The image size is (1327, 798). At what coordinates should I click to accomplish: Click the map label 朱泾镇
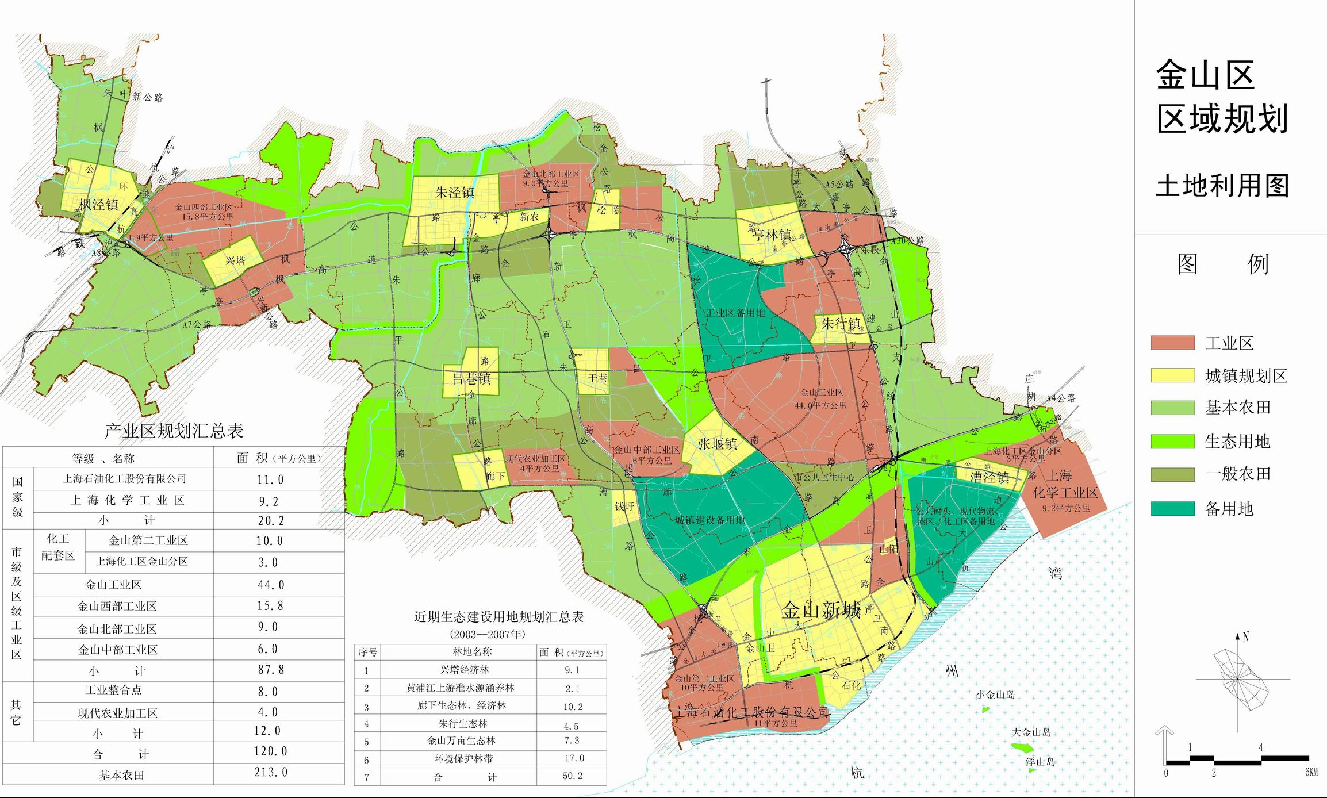(x=454, y=192)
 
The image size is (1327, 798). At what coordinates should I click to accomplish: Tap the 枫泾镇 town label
(x=98, y=205)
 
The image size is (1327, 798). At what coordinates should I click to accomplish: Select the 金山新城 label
(x=821, y=610)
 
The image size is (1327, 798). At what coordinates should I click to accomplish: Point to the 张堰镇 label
(x=717, y=444)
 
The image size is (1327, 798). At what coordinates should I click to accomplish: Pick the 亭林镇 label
(x=772, y=235)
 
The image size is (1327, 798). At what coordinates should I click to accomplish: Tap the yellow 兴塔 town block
(x=235, y=260)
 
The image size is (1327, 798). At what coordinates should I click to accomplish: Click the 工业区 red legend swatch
(x=1172, y=343)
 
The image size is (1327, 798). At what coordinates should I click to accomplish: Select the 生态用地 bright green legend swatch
(x=1172, y=441)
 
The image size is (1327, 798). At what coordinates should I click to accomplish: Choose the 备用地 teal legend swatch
(x=1172, y=508)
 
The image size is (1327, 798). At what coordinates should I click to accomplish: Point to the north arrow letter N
(x=1245, y=637)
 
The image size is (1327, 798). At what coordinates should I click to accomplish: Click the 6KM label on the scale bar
(x=1311, y=772)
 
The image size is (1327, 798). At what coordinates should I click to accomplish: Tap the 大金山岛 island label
(x=1031, y=732)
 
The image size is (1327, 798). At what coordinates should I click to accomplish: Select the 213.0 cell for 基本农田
(x=271, y=772)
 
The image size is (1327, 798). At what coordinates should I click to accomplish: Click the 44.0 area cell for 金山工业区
(x=271, y=585)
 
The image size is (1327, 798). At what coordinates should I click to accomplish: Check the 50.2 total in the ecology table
(x=572, y=776)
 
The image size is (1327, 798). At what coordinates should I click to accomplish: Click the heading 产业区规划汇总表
(x=174, y=431)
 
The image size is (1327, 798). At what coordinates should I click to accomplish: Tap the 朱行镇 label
(x=841, y=324)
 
